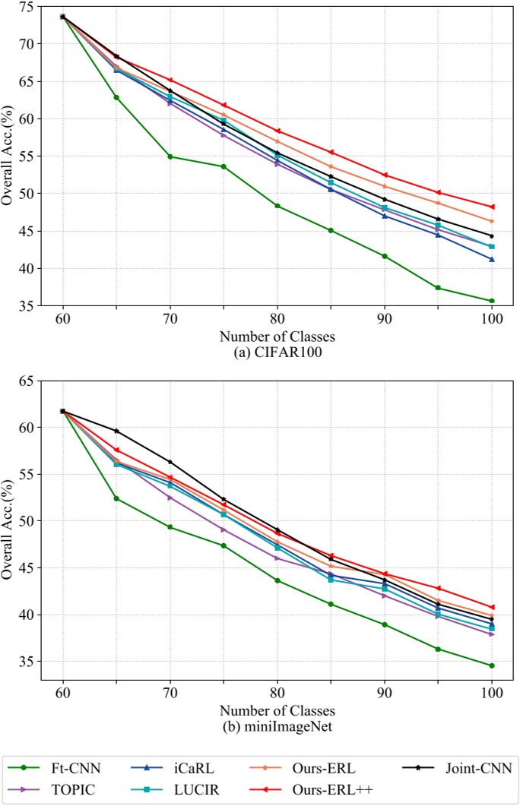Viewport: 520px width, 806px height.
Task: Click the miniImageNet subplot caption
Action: tap(277, 725)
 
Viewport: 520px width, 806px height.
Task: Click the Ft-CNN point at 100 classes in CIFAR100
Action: tap(492, 301)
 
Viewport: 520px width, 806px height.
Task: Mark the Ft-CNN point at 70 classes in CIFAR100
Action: tap(170, 156)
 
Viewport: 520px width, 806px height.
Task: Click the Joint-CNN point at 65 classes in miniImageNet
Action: tap(116, 431)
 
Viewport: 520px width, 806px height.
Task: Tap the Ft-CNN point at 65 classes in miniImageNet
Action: tap(116, 498)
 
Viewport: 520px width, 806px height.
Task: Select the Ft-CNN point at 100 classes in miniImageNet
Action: tap(492, 665)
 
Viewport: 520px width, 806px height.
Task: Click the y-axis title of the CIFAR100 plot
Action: tap(9, 156)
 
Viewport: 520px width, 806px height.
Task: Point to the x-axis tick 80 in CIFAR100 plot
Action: tap(277, 320)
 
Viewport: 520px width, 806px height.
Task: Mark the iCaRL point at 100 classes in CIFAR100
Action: tap(492, 259)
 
